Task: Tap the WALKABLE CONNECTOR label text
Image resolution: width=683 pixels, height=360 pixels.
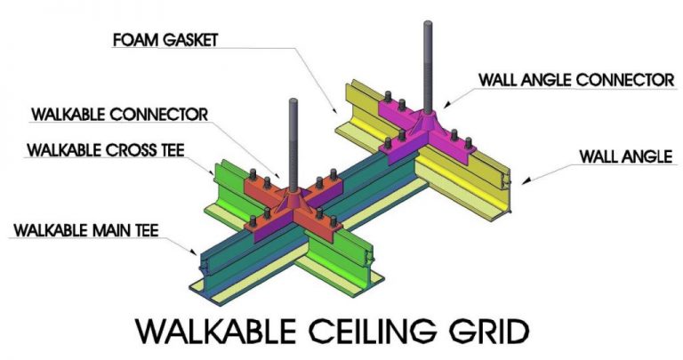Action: [x=118, y=115]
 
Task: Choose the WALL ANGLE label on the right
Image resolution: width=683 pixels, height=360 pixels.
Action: [x=623, y=156]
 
